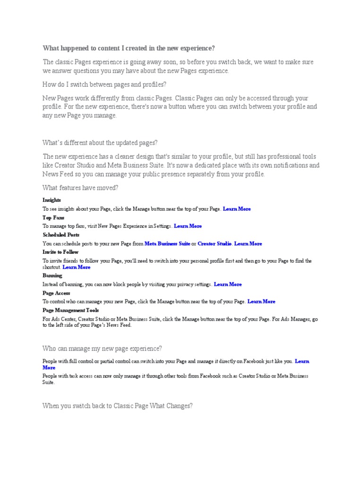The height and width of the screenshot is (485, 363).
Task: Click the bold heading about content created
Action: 129,48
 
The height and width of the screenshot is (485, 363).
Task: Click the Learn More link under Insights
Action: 237,209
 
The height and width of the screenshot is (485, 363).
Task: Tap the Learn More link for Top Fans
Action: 188,226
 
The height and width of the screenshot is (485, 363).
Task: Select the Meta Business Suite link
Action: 167,243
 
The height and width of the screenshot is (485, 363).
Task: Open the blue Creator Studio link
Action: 215,243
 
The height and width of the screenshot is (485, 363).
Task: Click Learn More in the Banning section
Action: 228,285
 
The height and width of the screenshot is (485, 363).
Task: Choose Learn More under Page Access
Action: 261,302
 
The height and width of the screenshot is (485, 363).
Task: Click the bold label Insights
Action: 52,200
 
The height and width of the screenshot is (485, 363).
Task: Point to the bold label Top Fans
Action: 53,218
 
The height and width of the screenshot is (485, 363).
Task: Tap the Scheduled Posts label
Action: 61,235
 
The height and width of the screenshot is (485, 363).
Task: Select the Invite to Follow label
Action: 60,252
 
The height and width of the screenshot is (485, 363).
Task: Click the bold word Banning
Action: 52,276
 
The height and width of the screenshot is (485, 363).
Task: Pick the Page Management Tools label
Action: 70,310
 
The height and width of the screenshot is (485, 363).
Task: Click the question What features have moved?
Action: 80,188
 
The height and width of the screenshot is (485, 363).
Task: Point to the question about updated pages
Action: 100,143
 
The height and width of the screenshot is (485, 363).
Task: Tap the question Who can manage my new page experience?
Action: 102,349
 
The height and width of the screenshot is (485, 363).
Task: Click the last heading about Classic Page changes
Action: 118,406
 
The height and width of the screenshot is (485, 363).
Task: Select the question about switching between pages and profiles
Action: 104,84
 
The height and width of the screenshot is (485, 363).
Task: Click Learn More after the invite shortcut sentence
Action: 77,268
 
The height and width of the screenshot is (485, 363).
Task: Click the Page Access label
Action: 56,293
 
